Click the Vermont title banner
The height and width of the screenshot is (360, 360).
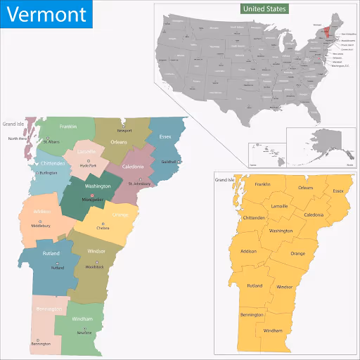46,14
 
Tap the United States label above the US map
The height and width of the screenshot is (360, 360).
264,9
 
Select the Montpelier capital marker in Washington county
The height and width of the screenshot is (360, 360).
92,195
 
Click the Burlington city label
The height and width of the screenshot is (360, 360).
48,172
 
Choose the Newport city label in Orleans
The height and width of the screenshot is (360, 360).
124,131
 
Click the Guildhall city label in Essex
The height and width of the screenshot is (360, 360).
169,162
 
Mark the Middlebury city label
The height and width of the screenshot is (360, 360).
39,226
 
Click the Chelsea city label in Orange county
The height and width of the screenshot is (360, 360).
103,228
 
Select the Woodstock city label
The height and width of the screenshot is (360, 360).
94,267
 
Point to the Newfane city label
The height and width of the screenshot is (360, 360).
84,333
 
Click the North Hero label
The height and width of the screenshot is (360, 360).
18,139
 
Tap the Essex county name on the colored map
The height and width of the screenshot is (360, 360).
165,136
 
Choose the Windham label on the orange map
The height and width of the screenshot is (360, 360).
273,330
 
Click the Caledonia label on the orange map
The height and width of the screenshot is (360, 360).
314,214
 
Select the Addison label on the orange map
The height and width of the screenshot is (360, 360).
249,251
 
